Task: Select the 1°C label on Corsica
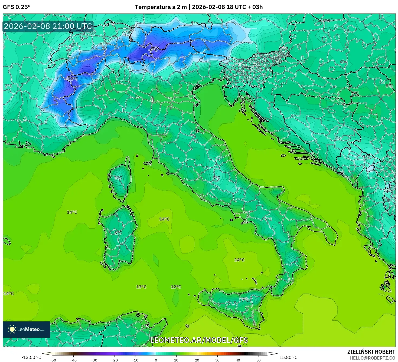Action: click(118, 178)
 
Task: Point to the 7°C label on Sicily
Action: click(245, 300)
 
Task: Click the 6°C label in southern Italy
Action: click(268, 219)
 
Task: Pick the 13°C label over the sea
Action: click(141, 287)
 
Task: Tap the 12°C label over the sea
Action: click(176, 287)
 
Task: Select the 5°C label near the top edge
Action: click(326, 21)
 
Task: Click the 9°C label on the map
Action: click(355, 93)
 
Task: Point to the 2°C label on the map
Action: click(8, 86)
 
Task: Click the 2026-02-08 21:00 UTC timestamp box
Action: click(48, 27)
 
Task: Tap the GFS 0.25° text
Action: click(17, 7)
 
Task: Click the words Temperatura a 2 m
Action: click(161, 7)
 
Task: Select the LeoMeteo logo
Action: click(27, 329)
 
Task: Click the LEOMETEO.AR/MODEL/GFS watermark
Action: click(199, 340)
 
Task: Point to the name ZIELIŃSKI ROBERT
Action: click(371, 352)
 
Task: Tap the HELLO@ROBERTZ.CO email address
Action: click(372, 358)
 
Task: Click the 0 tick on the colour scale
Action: click(156, 360)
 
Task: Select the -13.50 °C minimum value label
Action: click(31, 357)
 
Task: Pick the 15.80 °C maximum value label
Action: click(288, 357)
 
